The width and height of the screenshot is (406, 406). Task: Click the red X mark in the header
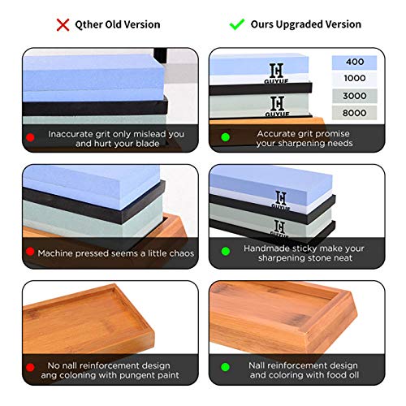click(x=63, y=25)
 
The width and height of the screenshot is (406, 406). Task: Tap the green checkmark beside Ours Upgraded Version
click(x=237, y=24)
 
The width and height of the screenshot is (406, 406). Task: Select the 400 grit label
click(x=355, y=62)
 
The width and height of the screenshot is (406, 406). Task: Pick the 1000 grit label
click(x=355, y=79)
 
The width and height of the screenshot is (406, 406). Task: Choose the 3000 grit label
click(x=355, y=96)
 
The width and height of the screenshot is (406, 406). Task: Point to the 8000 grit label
click(x=355, y=113)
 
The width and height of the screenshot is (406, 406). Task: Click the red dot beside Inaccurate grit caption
click(x=30, y=137)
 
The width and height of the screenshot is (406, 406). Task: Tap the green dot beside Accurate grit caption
click(x=226, y=137)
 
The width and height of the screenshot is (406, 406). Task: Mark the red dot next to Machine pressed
click(x=30, y=252)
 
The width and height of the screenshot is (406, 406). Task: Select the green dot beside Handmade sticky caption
click(x=226, y=252)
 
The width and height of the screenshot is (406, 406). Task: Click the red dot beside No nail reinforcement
click(x=30, y=367)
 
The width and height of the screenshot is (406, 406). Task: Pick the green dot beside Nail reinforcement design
click(x=226, y=367)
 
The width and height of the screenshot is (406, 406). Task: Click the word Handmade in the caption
click(x=261, y=248)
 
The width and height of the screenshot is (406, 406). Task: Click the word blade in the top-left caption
click(x=148, y=144)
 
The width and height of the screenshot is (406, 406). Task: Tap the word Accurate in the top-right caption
click(x=274, y=134)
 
